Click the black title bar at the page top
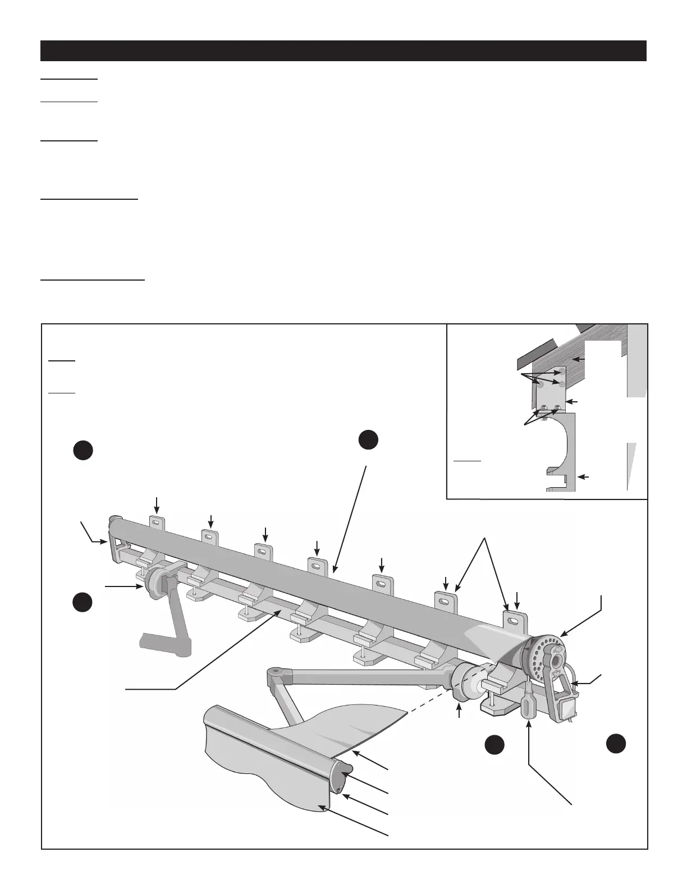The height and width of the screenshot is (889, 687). pos(343,51)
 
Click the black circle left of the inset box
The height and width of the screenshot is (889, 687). pos(368,439)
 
